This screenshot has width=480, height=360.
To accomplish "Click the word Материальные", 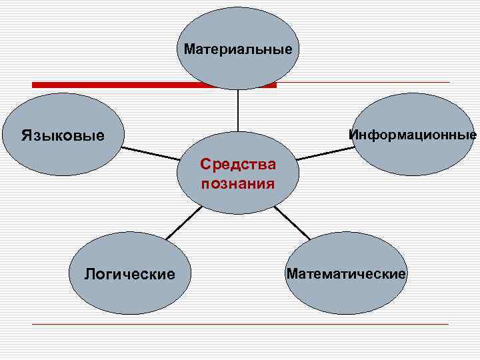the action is click(238, 49).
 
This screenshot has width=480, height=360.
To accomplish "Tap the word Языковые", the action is click(63, 136).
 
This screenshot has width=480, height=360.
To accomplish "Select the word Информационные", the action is click(413, 135).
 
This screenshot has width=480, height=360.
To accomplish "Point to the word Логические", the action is click(129, 273).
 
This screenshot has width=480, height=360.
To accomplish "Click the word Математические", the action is click(346, 273).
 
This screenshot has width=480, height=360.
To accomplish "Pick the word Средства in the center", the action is click(238, 164).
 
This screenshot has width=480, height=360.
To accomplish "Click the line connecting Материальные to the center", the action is click(238, 110).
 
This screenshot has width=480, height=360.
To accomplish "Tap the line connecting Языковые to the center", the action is click(150, 154).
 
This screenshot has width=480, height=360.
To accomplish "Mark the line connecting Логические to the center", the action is click(183, 222).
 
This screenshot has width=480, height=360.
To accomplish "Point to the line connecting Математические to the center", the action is click(292, 222).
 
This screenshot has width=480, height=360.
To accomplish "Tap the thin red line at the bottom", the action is click(240, 324).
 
